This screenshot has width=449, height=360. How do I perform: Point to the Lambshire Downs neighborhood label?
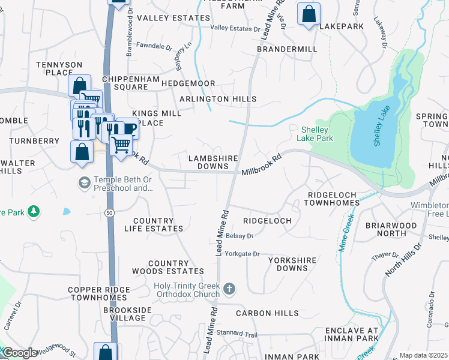pyautogui.click(x=214, y=163)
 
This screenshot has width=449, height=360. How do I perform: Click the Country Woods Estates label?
pyautogui.click(x=168, y=268)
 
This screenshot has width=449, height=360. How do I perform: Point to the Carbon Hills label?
pyautogui.click(x=267, y=313)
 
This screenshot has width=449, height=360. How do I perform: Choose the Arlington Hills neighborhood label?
pyautogui.click(x=218, y=99)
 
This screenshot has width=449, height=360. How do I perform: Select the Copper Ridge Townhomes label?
pyautogui.click(x=99, y=293)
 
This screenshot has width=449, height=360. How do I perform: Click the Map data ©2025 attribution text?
pyautogui.click(x=423, y=355)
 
